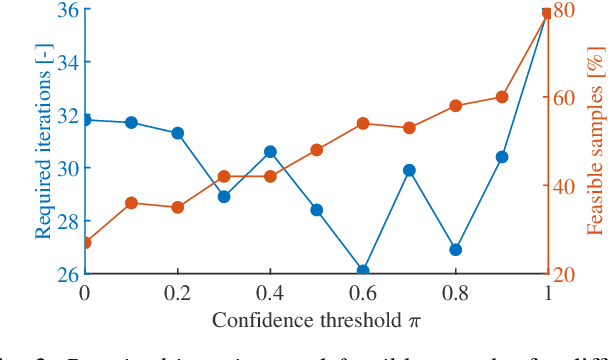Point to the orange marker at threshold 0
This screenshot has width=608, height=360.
tap(85, 242)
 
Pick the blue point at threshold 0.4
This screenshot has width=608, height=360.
tap(270, 152)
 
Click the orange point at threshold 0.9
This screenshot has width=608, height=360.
tap(502, 97)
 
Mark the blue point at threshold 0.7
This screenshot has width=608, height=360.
tap(409, 170)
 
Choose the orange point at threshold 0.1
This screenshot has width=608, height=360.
tap(131, 203)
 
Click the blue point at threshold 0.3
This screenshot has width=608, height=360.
tap(224, 196)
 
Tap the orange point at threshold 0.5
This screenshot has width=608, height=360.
tap(316, 150)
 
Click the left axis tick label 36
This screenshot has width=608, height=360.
tap(67, 10)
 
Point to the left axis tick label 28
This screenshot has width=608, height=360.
tap(67, 221)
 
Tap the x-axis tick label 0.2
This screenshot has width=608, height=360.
tap(177, 292)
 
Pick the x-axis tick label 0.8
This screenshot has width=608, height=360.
tap(455, 292)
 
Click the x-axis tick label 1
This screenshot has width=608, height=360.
tap(547, 292)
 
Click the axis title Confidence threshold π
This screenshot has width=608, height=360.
tap(316, 320)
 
